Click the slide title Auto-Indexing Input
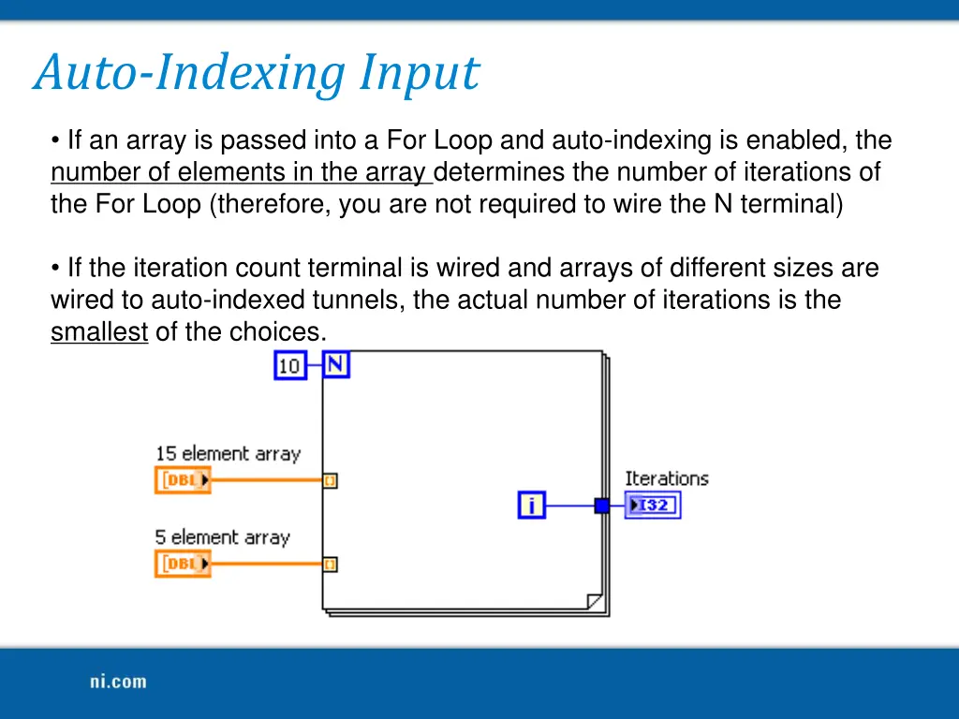(256, 73)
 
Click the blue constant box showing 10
(289, 364)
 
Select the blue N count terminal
(336, 364)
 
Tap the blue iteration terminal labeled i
(531, 506)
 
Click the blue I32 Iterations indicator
(653, 506)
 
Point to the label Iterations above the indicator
(667, 478)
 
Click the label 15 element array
(228, 453)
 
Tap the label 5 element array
(222, 537)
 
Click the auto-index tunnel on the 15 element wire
(330, 480)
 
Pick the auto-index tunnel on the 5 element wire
(330, 564)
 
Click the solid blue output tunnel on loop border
(601, 506)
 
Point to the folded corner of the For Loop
(594, 600)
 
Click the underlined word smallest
(99, 332)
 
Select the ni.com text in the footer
(118, 682)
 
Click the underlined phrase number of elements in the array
(240, 173)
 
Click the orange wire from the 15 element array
(267, 480)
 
